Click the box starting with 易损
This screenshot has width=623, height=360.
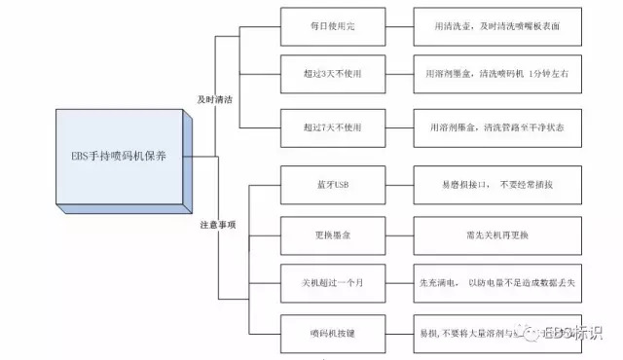pos(477,333)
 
